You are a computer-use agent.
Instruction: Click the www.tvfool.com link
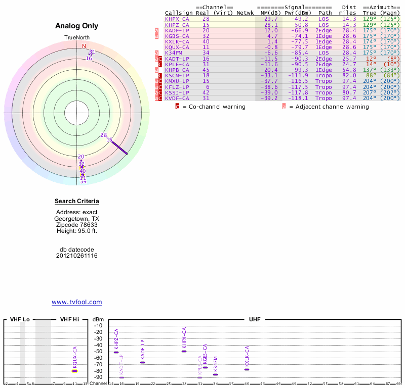coord(76,302)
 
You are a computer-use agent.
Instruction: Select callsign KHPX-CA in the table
coord(177,19)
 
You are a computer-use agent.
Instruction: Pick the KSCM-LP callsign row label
coord(177,75)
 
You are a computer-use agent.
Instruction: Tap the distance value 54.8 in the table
coord(348,70)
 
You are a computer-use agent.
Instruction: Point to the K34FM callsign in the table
coord(174,53)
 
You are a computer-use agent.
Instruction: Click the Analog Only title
coord(76,26)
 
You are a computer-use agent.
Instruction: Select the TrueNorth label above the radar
coord(76,38)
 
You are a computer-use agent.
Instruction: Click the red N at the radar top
coord(84,46)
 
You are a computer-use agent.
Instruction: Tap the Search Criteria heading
coord(76,201)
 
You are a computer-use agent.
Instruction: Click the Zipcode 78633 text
coord(76,225)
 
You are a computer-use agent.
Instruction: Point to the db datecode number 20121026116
coord(76,256)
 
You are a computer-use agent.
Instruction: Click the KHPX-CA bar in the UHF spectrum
coord(184,351)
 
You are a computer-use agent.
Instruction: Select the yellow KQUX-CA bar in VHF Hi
coord(74,371)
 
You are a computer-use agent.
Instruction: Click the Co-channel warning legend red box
coord(177,107)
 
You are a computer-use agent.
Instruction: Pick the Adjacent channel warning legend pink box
coord(284,107)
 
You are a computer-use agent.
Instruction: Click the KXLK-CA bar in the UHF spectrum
coord(247,369)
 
